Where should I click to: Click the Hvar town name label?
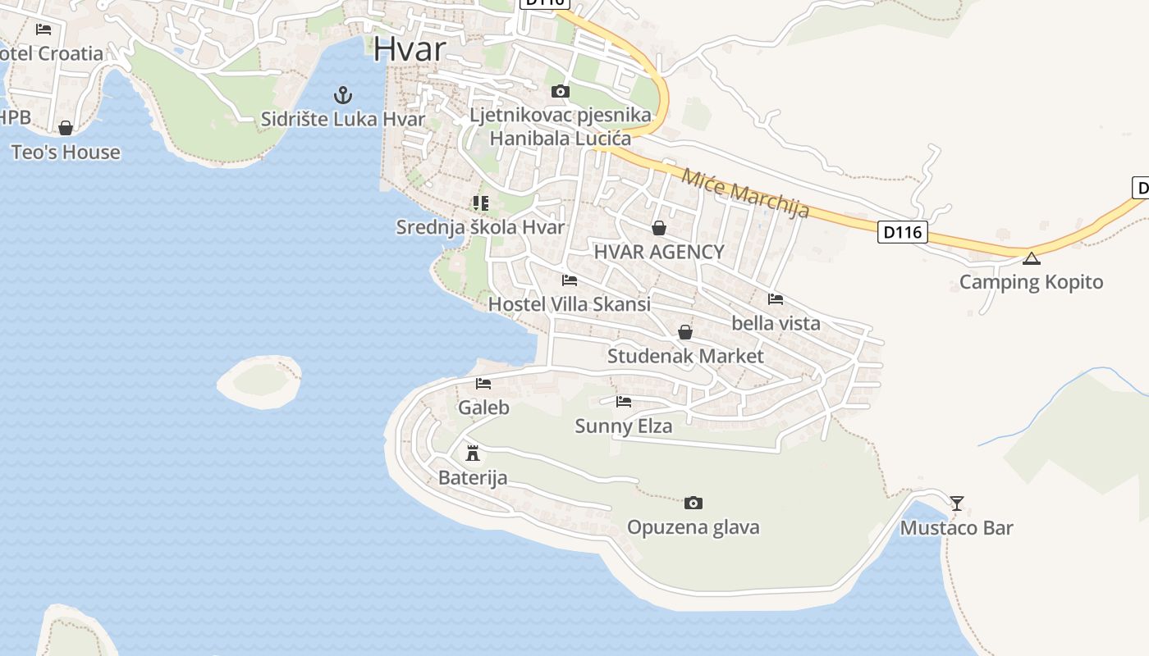[410, 49]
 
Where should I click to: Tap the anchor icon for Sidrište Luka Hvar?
[343, 95]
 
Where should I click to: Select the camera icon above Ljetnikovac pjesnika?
[561, 91]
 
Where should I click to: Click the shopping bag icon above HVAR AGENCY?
[658, 228]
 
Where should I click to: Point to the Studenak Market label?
[685, 356]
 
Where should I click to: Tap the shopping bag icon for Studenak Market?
[685, 332]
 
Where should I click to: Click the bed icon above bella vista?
[776, 299]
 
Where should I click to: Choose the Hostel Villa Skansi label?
[569, 304]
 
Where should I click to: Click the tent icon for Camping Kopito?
[1032, 259]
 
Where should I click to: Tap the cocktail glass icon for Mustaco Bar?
[957, 503]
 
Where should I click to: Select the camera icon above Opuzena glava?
[694, 503]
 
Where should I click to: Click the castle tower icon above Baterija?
[473, 453]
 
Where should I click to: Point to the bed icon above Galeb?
[483, 383]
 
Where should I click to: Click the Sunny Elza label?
[624, 426]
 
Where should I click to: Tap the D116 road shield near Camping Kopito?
[903, 232]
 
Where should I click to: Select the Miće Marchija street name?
[745, 194]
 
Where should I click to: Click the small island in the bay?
[260, 380]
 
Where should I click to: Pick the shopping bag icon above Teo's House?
[66, 128]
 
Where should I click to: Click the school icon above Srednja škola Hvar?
[481, 203]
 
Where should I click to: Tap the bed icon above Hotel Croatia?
[43, 30]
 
